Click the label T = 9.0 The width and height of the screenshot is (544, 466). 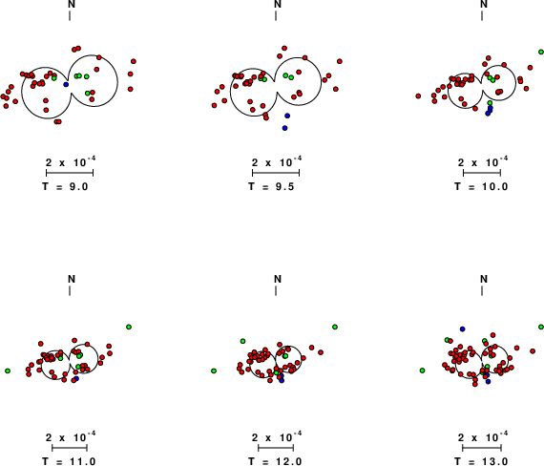(65, 187)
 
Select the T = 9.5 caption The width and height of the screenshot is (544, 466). (271, 187)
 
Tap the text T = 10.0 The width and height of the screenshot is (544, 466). (481, 187)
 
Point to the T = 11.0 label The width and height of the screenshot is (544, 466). (69, 461)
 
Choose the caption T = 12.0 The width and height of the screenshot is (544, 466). (275, 461)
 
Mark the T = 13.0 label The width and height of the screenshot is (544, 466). (481, 461)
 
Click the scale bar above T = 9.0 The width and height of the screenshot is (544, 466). (70, 173)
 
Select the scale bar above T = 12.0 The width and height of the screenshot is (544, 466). (276, 448)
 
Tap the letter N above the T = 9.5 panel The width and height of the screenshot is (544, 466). (278, 4)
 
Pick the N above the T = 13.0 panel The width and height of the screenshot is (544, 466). (484, 279)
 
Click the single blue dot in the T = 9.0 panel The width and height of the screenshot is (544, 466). (66, 84)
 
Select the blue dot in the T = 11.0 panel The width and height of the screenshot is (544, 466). (76, 378)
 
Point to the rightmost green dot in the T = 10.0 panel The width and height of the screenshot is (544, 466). (541, 52)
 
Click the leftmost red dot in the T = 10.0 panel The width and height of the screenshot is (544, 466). (418, 95)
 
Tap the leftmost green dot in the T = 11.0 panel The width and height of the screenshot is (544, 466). (8, 371)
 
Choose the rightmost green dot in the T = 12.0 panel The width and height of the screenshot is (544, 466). (335, 327)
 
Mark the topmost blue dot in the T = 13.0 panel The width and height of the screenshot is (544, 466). (463, 328)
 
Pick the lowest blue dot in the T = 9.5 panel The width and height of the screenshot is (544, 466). (284, 128)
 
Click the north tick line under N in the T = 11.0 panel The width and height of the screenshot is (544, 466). (70, 291)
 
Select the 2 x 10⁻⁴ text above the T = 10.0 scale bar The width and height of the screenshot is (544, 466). (483, 161)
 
